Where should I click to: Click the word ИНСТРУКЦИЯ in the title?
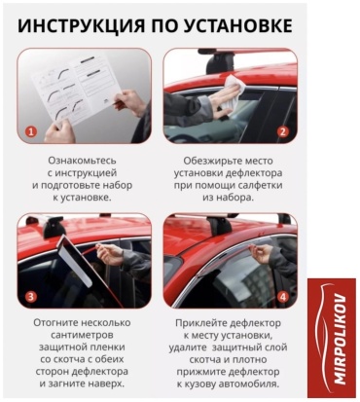point(81,25)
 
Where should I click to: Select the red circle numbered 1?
point(31,131)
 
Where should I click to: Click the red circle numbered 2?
point(283,131)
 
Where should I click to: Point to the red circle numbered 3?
point(31,297)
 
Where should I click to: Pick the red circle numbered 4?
point(283,297)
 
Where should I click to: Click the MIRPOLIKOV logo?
point(332,338)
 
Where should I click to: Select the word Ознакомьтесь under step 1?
point(82,161)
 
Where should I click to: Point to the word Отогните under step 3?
point(54,323)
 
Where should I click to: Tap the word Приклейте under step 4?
point(199,323)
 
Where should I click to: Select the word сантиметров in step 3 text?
point(82,335)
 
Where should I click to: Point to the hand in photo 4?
point(262,253)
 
